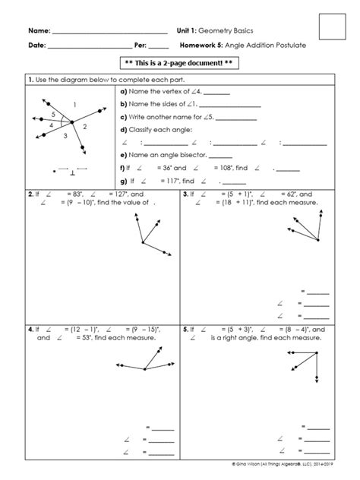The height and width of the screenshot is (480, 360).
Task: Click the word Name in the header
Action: pyautogui.click(x=39, y=30)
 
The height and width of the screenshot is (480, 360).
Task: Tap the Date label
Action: pyautogui.click(x=37, y=46)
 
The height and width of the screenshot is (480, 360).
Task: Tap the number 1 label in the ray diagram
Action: pyautogui.click(x=95, y=104)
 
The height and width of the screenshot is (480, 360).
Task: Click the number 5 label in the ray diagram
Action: pyautogui.click(x=53, y=114)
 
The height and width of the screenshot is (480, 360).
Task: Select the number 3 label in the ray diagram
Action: pyautogui.click(x=65, y=135)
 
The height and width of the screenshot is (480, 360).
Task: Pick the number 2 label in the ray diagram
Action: pyautogui.click(x=84, y=126)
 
